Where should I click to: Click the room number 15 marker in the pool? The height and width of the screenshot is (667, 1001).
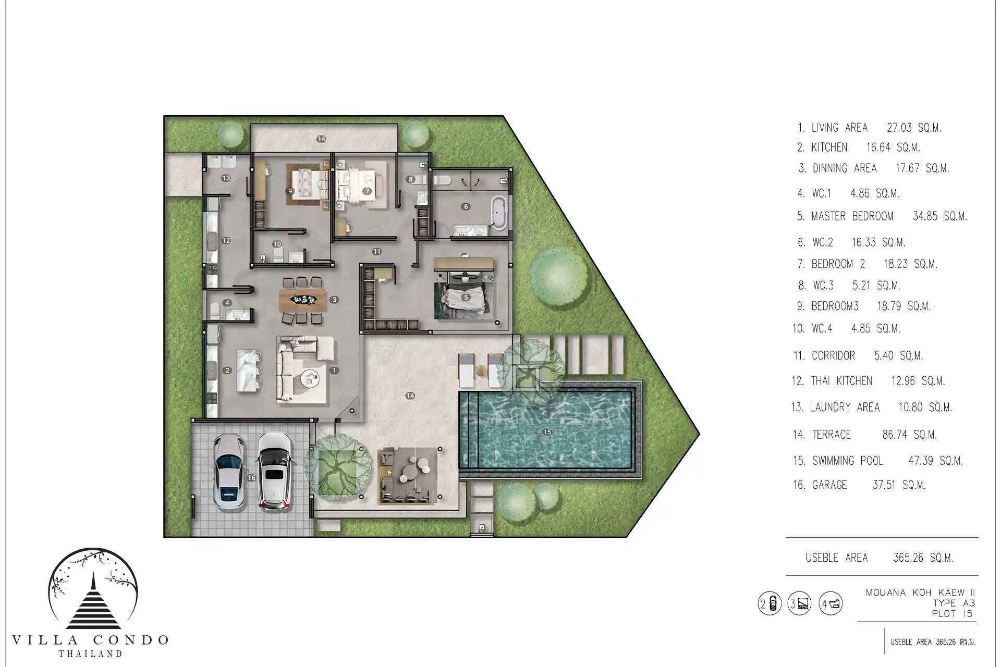547,432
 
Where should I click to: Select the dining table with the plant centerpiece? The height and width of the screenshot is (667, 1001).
302,300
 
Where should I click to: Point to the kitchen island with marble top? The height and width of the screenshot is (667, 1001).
249,370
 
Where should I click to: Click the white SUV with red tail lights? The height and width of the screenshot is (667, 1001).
274,472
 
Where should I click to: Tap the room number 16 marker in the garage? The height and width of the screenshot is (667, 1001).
252,478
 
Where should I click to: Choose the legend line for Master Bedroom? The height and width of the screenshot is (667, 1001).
882,216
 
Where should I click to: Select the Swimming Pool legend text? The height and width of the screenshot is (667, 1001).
848,461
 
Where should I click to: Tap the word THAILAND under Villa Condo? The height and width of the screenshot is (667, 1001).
90,653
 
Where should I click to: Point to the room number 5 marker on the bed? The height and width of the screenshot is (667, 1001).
466,298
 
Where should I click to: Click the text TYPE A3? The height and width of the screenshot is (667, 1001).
954,603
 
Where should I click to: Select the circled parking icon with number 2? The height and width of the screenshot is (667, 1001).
770,604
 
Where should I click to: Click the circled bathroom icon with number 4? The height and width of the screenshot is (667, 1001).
831,604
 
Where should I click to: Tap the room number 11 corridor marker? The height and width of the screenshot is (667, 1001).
377,252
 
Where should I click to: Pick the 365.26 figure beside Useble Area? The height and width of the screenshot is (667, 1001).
908,558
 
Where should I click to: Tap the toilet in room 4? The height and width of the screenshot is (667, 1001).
214,312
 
